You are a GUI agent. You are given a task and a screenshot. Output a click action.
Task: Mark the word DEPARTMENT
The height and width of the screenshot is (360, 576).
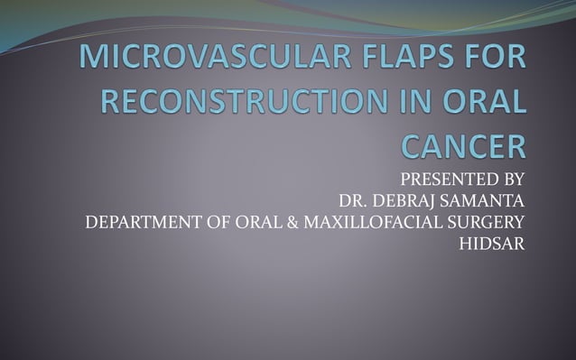coord(138,222)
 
